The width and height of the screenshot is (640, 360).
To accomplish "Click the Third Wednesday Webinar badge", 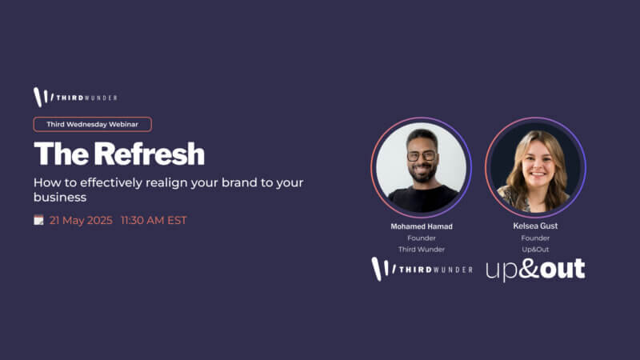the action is [93, 125].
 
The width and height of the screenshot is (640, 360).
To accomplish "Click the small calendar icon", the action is [38, 220].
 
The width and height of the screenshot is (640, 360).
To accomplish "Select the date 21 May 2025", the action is [81, 221].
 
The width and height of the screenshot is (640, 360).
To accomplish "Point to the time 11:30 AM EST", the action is [154, 221].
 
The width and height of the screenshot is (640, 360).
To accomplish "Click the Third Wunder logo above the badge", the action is [75, 98].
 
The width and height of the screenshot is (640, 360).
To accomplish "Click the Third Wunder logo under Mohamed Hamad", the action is [422, 270].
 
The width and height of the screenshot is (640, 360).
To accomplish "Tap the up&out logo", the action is [535, 270].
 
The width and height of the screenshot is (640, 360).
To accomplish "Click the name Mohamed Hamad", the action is [422, 226].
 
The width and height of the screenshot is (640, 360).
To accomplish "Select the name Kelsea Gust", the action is [535, 226].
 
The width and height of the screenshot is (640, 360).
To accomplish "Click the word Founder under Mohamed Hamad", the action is [422, 238].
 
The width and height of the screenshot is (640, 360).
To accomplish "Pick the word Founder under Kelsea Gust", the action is [535, 238].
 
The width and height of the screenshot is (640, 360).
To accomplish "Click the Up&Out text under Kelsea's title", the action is [535, 250].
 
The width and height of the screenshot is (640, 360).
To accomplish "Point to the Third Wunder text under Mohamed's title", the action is [422, 250].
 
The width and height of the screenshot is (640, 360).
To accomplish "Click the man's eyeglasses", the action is [422, 156].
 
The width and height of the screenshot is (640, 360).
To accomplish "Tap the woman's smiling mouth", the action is [538, 174].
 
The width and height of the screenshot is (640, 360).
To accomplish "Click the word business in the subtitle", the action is [60, 197].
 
